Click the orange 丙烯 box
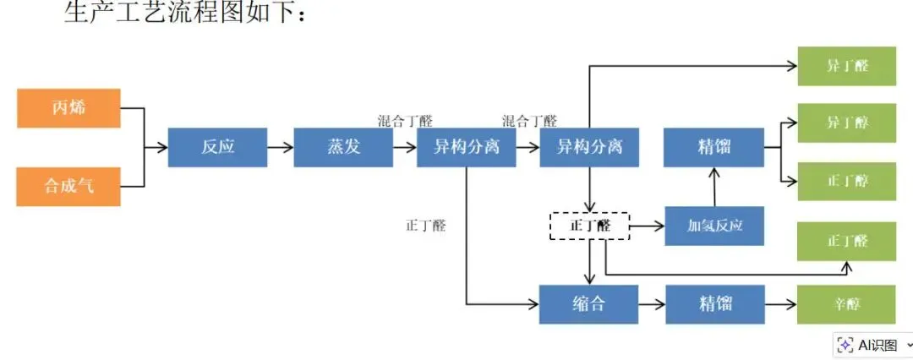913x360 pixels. click(68, 108)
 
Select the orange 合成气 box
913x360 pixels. click(68, 186)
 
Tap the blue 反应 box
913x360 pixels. click(217, 147)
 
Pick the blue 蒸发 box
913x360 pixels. click(343, 147)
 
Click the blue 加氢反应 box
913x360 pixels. click(714, 226)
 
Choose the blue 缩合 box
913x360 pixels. click(588, 303)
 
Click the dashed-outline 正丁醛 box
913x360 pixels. click(589, 226)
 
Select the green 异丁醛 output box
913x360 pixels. click(846, 66)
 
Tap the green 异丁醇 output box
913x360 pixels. click(846, 123)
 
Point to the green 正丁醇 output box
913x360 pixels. click(846, 181)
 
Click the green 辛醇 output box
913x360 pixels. click(846, 303)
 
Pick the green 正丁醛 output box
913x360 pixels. click(846, 241)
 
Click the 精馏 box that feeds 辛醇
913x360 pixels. click(715, 303)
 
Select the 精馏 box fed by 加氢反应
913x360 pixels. click(714, 147)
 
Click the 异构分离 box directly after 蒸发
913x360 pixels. click(466, 147)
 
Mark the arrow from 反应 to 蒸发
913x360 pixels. click(280, 147)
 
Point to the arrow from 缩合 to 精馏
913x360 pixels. click(652, 303)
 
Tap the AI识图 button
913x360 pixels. click(871, 345)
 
